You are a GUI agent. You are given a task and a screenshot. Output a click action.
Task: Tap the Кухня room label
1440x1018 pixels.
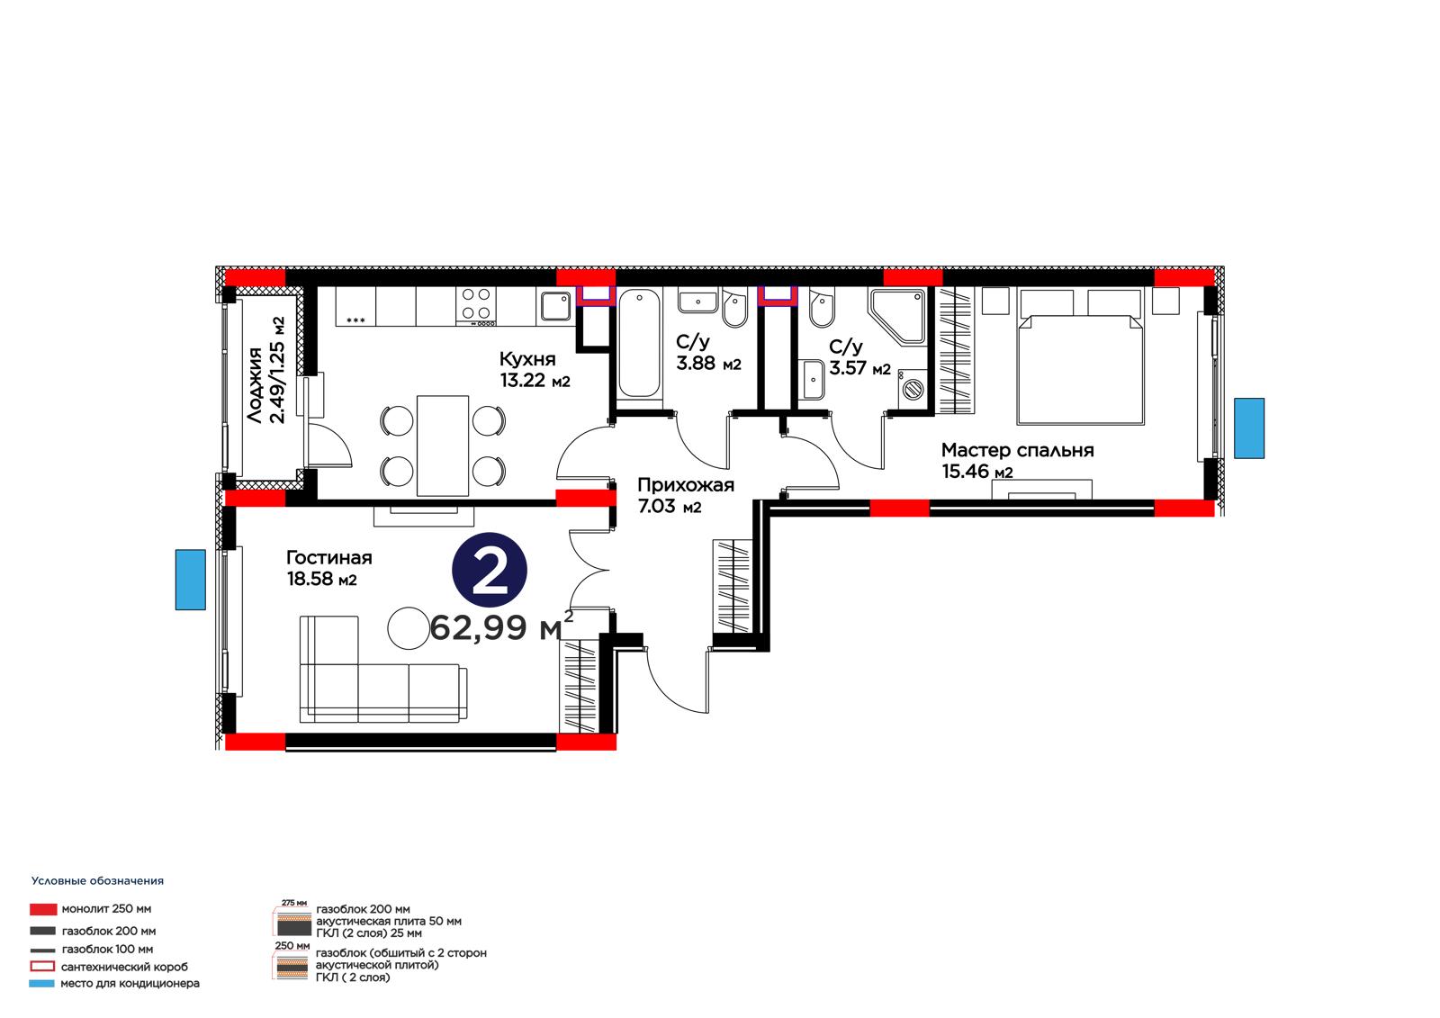[527, 359]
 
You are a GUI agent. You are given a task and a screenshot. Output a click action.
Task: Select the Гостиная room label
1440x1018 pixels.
[329, 557]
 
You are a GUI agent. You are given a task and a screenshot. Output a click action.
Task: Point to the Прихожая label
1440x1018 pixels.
[686, 485]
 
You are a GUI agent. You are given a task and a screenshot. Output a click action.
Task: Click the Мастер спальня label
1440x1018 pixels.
[1018, 450]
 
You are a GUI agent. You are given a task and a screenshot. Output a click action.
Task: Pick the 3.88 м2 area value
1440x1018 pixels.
[708, 364]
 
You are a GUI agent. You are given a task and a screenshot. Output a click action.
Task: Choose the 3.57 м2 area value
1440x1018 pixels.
[859, 368]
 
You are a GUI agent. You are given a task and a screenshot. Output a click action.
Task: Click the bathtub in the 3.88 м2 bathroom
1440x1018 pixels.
[639, 343]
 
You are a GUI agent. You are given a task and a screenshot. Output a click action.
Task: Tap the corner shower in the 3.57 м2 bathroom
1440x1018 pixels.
[897, 317]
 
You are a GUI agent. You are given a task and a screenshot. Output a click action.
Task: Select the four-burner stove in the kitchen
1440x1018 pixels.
[476, 306]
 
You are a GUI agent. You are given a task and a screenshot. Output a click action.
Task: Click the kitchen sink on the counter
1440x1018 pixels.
[555, 306]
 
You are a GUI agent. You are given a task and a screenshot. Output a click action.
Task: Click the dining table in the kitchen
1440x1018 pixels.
[442, 446]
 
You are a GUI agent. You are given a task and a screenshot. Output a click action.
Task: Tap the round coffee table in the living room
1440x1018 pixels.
[409, 628]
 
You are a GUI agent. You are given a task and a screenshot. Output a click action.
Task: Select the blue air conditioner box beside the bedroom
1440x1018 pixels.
[1249, 428]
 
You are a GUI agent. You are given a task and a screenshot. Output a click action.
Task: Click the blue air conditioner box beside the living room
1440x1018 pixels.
[191, 580]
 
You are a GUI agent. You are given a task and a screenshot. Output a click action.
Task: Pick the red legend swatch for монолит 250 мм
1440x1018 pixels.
[43, 909]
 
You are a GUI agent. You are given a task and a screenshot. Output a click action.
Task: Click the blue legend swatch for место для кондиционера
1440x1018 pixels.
[41, 983]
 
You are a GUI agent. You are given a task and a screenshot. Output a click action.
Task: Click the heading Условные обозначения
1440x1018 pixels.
[98, 881]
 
